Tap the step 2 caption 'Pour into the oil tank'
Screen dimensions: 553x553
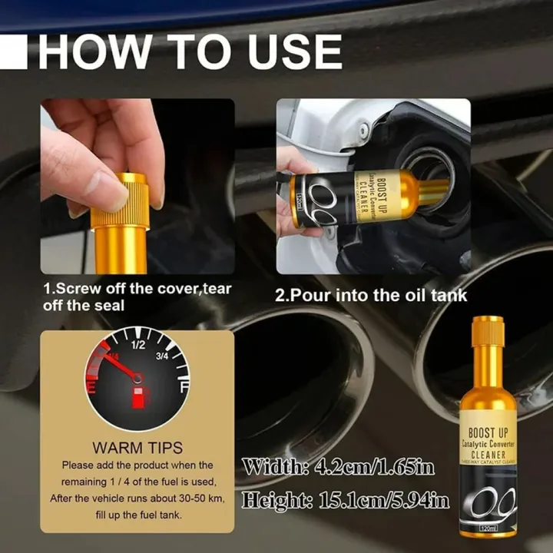click(x=371, y=295)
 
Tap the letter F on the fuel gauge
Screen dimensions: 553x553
click(x=184, y=389)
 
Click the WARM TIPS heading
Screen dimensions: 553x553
click(x=137, y=447)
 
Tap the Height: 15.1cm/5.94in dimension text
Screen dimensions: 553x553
click(x=346, y=501)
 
